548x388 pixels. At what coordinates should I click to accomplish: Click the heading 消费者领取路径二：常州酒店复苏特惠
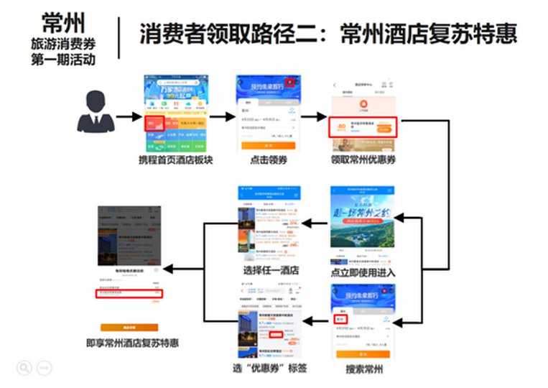point(328,33)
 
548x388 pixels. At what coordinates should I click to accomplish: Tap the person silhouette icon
point(96,113)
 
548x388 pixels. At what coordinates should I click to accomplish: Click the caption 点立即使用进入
point(363,273)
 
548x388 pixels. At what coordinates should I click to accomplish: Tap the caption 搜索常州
point(363,370)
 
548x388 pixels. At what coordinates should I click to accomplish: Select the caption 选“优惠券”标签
point(269,368)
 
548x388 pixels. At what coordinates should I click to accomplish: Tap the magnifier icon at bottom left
point(24,367)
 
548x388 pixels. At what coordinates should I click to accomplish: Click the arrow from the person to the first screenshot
point(128,115)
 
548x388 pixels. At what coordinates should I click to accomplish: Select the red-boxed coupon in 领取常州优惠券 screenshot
point(363,127)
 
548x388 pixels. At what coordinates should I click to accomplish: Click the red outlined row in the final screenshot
point(130,293)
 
